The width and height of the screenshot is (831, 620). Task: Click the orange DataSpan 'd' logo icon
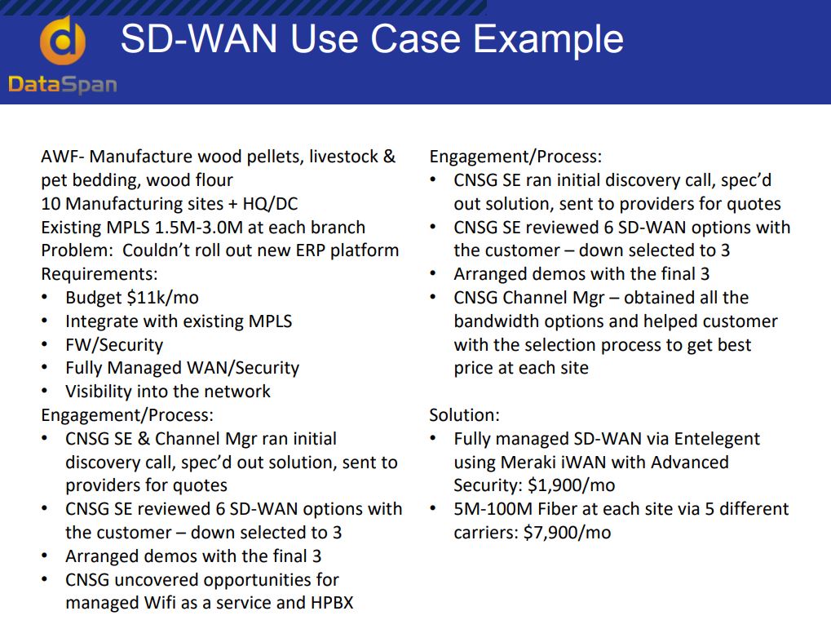pos(63,41)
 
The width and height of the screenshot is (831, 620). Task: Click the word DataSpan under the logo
pos(63,85)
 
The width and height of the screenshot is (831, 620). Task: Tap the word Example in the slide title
pos(548,40)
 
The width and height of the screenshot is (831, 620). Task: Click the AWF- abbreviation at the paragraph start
pos(63,157)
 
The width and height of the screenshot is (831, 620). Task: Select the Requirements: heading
pos(99,274)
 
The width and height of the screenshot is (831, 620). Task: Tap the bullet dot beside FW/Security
pos(45,345)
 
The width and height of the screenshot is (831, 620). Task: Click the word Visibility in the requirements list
pos(99,392)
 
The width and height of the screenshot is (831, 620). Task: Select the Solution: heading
pos(464,415)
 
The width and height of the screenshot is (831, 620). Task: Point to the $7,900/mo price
pos(567,533)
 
